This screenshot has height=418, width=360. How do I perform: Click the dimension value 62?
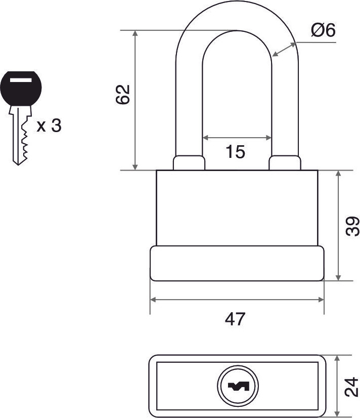coord(123,94)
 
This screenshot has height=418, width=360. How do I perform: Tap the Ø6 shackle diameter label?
coord(323,30)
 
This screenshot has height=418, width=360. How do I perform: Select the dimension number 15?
coord(235,152)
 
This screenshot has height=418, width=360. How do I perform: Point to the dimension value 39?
coord(352,226)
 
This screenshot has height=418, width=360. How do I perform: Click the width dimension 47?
coord(235,319)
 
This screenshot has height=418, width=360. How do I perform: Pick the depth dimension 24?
coord(351,387)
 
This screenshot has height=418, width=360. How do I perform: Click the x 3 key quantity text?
coord(49,126)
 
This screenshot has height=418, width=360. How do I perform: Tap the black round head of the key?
coord(21,88)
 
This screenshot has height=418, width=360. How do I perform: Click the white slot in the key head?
coord(21,79)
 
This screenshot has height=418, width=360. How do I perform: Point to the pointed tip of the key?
coord(18,165)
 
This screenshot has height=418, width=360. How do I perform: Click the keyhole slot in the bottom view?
coord(238,386)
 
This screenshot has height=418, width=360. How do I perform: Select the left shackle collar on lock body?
coord(189,163)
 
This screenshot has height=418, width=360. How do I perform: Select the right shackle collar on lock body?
coord(285,163)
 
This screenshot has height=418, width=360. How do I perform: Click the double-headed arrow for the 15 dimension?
coord(237,138)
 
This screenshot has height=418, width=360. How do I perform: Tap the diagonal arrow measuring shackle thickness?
coord(284,50)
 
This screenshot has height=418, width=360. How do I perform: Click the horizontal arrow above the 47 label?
coord(237,300)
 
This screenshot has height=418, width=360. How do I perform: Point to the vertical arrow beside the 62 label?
coord(136,100)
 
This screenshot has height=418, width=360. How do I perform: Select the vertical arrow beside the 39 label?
coord(338,226)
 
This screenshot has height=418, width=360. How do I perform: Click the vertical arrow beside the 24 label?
coord(337,386)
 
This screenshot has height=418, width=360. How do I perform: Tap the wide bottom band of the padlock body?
coord(237,263)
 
